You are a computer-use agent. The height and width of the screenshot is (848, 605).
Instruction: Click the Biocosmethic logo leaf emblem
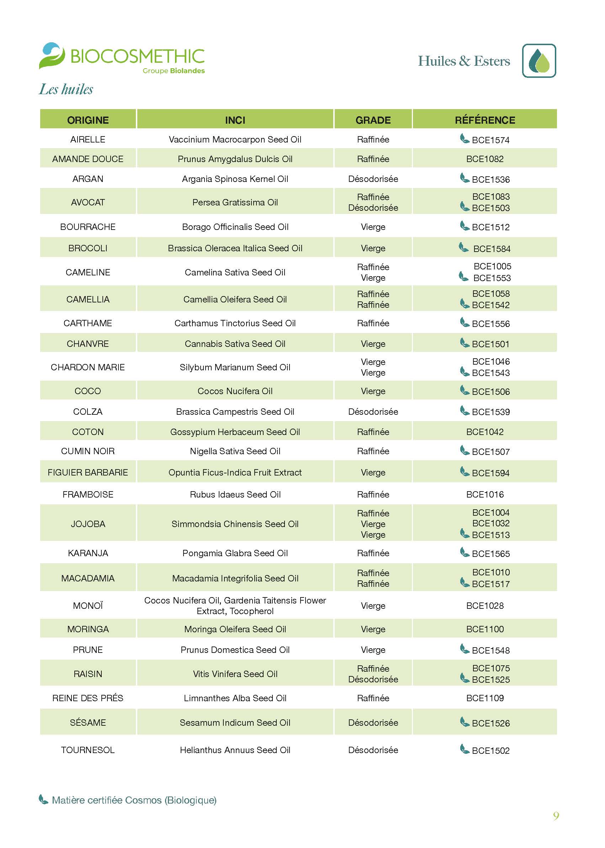[x=52, y=55]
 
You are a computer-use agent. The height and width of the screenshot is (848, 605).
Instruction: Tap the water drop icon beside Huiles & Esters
[x=539, y=61]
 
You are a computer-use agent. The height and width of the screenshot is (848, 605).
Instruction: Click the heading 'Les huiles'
[x=66, y=89]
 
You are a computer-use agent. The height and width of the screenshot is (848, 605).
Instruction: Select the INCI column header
[x=235, y=120]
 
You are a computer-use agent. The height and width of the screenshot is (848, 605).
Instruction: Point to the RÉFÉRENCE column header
[x=485, y=120]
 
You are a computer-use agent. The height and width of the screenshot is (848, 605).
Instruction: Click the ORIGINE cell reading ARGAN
[x=88, y=179]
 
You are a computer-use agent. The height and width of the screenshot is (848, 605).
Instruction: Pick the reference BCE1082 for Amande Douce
[x=485, y=159]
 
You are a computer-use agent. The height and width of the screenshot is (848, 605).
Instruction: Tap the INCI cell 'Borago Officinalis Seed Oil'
[x=235, y=227]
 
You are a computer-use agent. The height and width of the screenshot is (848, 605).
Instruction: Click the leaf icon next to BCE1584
[x=463, y=247]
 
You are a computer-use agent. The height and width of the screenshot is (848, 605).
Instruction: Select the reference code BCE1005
[x=492, y=266]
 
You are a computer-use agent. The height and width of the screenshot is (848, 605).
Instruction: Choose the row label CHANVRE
[x=88, y=344]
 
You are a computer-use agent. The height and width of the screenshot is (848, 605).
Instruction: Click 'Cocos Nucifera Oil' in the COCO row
[x=235, y=391]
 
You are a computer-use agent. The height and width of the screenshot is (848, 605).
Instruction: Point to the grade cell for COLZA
[x=373, y=411]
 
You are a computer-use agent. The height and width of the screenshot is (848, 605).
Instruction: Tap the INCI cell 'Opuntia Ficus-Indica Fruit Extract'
[x=235, y=472]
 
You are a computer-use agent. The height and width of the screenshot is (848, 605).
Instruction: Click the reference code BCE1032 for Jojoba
[x=490, y=523]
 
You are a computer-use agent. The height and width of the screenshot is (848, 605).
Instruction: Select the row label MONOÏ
[x=88, y=606]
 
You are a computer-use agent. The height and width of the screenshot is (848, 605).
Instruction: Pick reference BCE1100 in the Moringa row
[x=485, y=629]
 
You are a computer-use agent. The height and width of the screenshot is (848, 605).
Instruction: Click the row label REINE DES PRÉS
[x=88, y=698]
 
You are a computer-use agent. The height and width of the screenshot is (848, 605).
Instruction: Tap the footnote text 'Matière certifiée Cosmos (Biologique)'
[x=134, y=800]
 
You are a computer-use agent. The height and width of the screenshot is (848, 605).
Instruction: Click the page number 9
[x=556, y=816]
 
